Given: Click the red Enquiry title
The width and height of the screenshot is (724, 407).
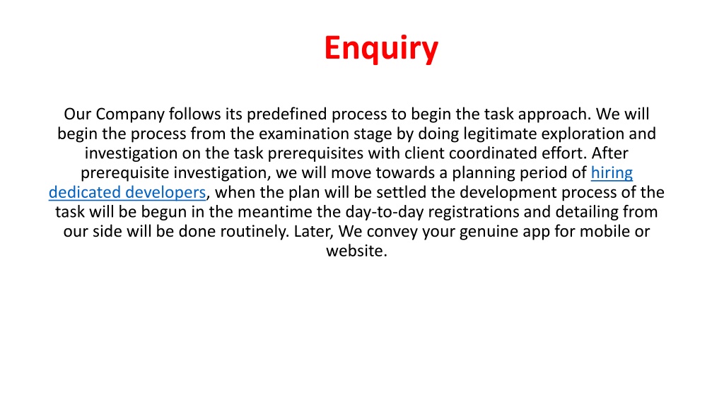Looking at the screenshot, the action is tap(381, 49).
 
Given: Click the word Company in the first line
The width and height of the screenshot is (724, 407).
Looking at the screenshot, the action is tap(130, 114).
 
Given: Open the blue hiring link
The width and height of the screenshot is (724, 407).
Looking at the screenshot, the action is tap(612, 173).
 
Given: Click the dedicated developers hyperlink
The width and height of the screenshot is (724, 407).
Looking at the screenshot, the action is tap(127, 192).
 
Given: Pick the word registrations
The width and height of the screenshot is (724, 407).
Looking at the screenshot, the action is tap(489, 212).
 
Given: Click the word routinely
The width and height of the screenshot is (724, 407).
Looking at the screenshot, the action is tap(255, 232).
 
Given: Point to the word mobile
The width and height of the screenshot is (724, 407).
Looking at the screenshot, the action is tap(603, 231).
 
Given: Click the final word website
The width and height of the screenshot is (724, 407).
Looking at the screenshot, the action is tap(356, 251).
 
